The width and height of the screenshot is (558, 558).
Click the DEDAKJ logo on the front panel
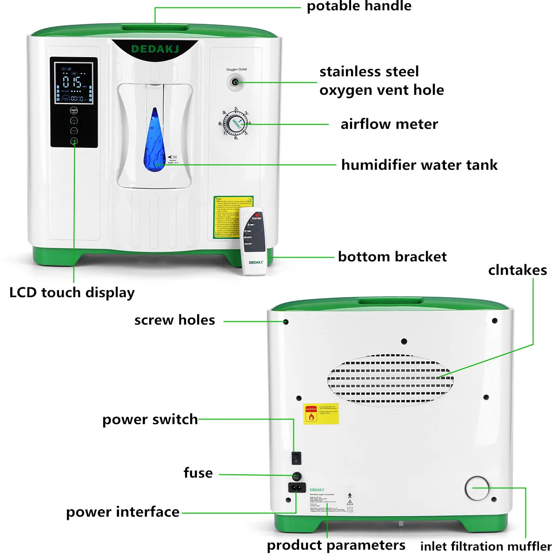[x=154, y=49]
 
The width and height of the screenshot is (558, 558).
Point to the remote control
[x=253, y=241]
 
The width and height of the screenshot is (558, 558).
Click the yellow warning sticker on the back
[x=321, y=413]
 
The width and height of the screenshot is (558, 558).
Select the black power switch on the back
[x=296, y=458]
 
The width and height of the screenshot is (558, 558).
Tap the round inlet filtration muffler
[x=477, y=488]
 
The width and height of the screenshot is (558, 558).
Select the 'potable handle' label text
[x=359, y=6]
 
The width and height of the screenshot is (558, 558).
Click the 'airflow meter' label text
[x=389, y=124]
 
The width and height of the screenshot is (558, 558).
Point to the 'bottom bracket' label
[x=392, y=257]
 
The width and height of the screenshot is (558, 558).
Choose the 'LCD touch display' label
[x=72, y=292]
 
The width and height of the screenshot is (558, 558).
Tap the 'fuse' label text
[x=198, y=473]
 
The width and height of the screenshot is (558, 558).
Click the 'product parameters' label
[x=336, y=545]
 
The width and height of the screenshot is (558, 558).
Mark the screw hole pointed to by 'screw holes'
[x=286, y=322]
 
